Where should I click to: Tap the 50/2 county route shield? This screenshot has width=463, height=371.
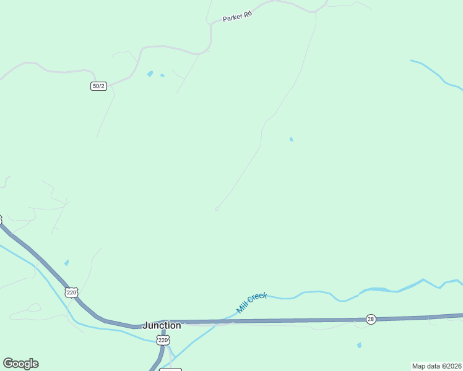tap(98, 86)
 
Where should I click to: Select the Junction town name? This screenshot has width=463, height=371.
tap(162, 325)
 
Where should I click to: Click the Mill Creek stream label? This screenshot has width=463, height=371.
tap(251, 302)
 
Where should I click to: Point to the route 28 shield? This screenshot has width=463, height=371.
tap(370, 318)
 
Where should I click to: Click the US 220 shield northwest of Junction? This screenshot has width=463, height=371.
tap(72, 292)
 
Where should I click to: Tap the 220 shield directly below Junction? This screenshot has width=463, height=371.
tap(163, 340)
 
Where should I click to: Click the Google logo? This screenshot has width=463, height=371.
tap(20, 364)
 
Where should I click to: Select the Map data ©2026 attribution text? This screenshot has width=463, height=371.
tap(436, 366)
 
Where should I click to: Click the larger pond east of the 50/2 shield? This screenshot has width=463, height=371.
tap(150, 74)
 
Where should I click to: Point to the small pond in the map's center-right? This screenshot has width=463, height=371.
tap(291, 139)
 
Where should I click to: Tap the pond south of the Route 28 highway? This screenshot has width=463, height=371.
tap(359, 345)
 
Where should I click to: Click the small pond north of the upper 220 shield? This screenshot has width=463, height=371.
tap(67, 263)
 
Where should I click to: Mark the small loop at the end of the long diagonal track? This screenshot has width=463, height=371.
tap(217, 209)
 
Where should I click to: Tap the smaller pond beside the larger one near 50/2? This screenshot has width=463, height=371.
tap(162, 75)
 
